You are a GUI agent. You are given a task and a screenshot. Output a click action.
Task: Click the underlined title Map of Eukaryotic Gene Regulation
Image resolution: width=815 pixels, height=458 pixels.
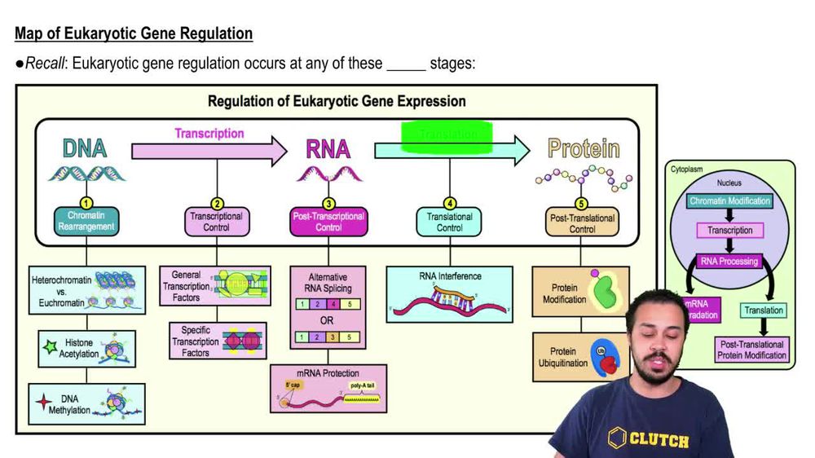(134, 34)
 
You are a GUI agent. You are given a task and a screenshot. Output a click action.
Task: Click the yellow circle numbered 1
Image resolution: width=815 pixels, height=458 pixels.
(86, 204)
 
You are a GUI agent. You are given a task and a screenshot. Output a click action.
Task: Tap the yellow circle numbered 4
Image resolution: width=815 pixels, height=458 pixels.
(449, 204)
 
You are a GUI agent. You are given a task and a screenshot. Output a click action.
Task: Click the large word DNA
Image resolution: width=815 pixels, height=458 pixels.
(85, 149)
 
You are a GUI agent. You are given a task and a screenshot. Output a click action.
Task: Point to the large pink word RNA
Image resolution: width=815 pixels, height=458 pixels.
(328, 149)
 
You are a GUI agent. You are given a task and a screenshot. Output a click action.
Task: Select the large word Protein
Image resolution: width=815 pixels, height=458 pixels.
(583, 149)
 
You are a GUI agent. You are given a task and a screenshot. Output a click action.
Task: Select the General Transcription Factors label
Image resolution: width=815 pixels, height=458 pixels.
(186, 286)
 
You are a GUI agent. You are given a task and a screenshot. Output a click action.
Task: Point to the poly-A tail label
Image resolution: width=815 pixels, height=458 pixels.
(363, 385)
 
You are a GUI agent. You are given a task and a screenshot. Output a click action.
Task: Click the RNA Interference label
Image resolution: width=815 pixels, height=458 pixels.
(449, 276)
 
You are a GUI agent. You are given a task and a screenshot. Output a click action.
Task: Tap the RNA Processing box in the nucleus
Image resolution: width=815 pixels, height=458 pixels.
(728, 262)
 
